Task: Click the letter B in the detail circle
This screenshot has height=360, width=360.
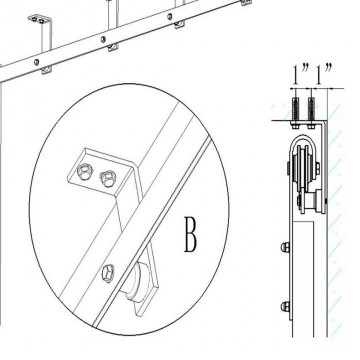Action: click(x=191, y=234)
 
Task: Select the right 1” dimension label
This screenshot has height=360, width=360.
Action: click(x=323, y=73)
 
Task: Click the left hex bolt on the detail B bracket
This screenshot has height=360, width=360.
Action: click(x=85, y=171)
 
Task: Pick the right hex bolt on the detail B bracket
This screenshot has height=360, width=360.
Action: click(x=108, y=178)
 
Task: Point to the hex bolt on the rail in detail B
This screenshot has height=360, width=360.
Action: click(x=108, y=273)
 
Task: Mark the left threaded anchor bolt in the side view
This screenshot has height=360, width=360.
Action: click(x=295, y=113)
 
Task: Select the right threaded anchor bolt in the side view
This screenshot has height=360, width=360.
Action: click(x=311, y=113)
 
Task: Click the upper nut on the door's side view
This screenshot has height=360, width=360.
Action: click(x=285, y=247)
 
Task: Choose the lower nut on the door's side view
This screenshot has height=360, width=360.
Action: click(x=285, y=306)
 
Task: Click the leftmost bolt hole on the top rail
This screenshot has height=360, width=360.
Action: click(x=37, y=62)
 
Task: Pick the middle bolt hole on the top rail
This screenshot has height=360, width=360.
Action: click(x=103, y=40)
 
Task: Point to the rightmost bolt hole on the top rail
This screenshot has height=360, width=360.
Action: click(x=170, y=16)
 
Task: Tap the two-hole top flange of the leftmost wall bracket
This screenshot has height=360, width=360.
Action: click(x=40, y=19)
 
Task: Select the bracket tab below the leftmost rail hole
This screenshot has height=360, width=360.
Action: click(x=46, y=70)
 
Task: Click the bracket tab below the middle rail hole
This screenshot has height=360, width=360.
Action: click(x=113, y=48)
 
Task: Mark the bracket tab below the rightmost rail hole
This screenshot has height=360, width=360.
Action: click(x=179, y=24)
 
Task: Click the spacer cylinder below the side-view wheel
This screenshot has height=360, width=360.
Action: click(x=313, y=202)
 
